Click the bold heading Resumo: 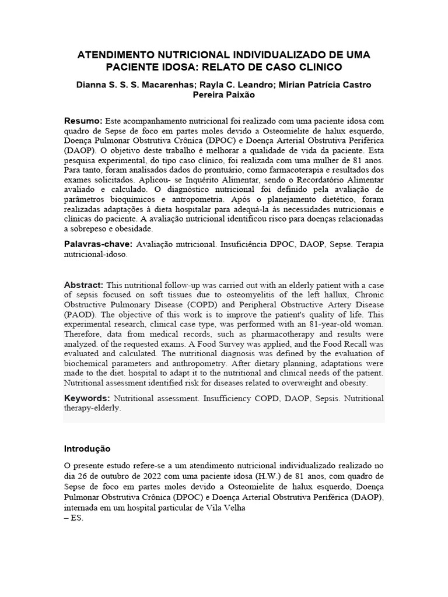(x=83, y=120)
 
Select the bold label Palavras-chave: (x=98, y=244)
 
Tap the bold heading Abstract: (x=83, y=285)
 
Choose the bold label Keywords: (x=87, y=399)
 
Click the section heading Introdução (x=87, y=449)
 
